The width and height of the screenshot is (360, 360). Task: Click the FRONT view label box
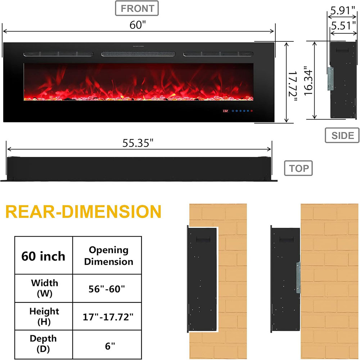coord(137,9)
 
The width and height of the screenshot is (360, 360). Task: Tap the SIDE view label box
coord(342,135)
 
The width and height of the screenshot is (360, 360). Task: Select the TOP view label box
coord(298,168)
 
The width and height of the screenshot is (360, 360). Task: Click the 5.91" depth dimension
coord(343,10)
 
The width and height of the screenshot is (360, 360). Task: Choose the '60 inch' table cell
coord(44,256)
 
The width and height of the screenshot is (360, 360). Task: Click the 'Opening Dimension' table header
coord(109,256)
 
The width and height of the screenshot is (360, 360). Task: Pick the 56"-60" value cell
coord(109,288)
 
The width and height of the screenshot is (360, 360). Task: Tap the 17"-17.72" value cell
coord(109,317)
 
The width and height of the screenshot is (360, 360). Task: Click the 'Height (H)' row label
coord(44,316)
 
